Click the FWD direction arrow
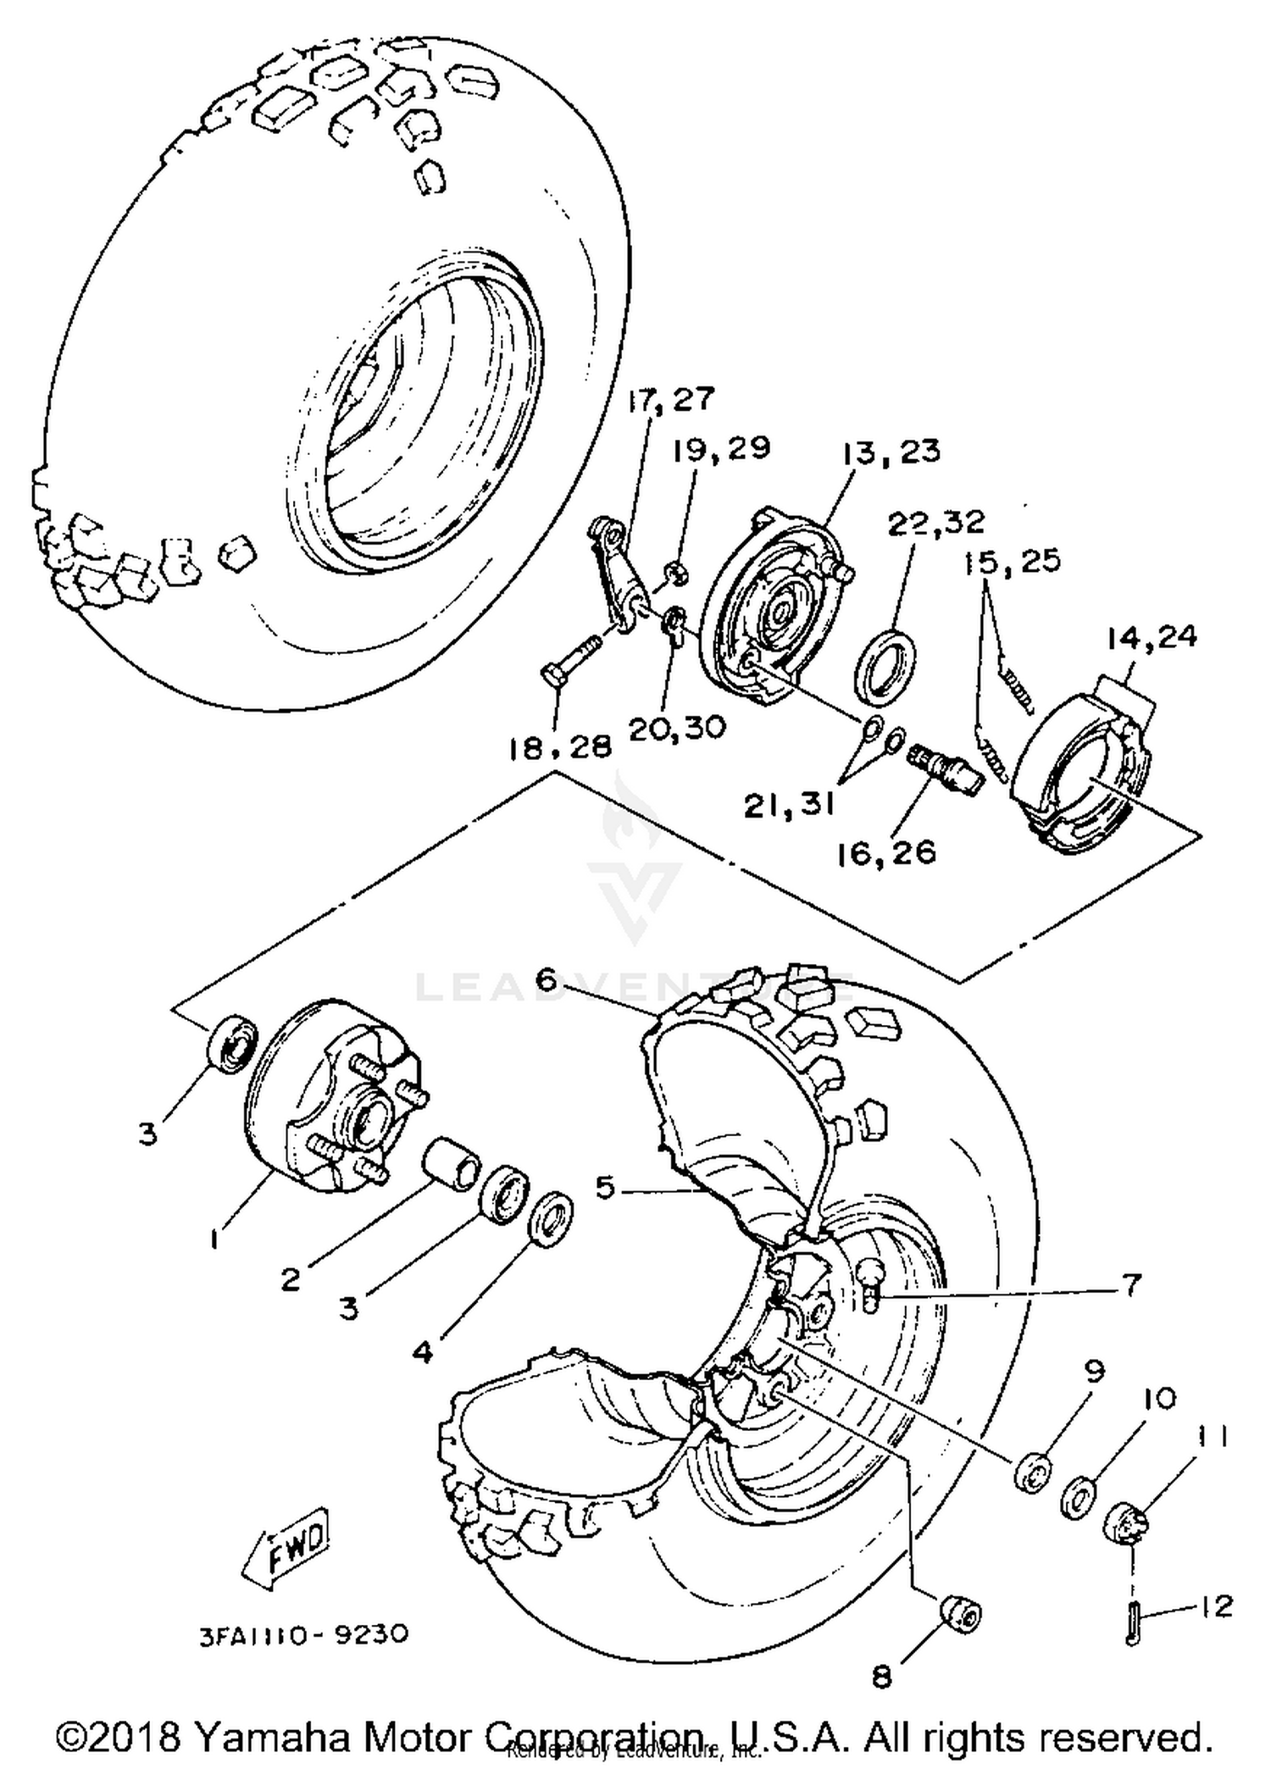coord(286,1547)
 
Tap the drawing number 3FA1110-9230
coord(304,1633)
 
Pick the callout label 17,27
coord(671,399)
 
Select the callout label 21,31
coord(789,806)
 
